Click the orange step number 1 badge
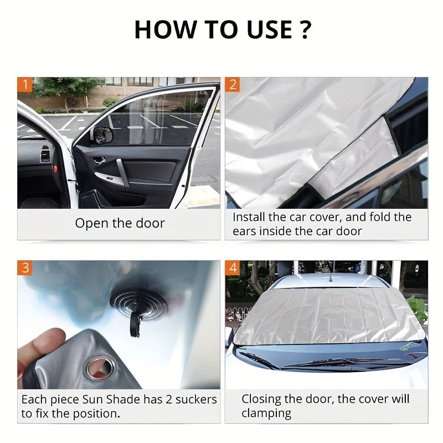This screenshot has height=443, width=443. point(25,85)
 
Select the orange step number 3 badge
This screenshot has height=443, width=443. point(25,268)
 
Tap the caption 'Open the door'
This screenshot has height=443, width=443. point(120,223)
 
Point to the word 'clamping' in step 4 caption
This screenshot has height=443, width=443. point(266,413)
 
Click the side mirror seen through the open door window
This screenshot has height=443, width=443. point(102,135)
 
